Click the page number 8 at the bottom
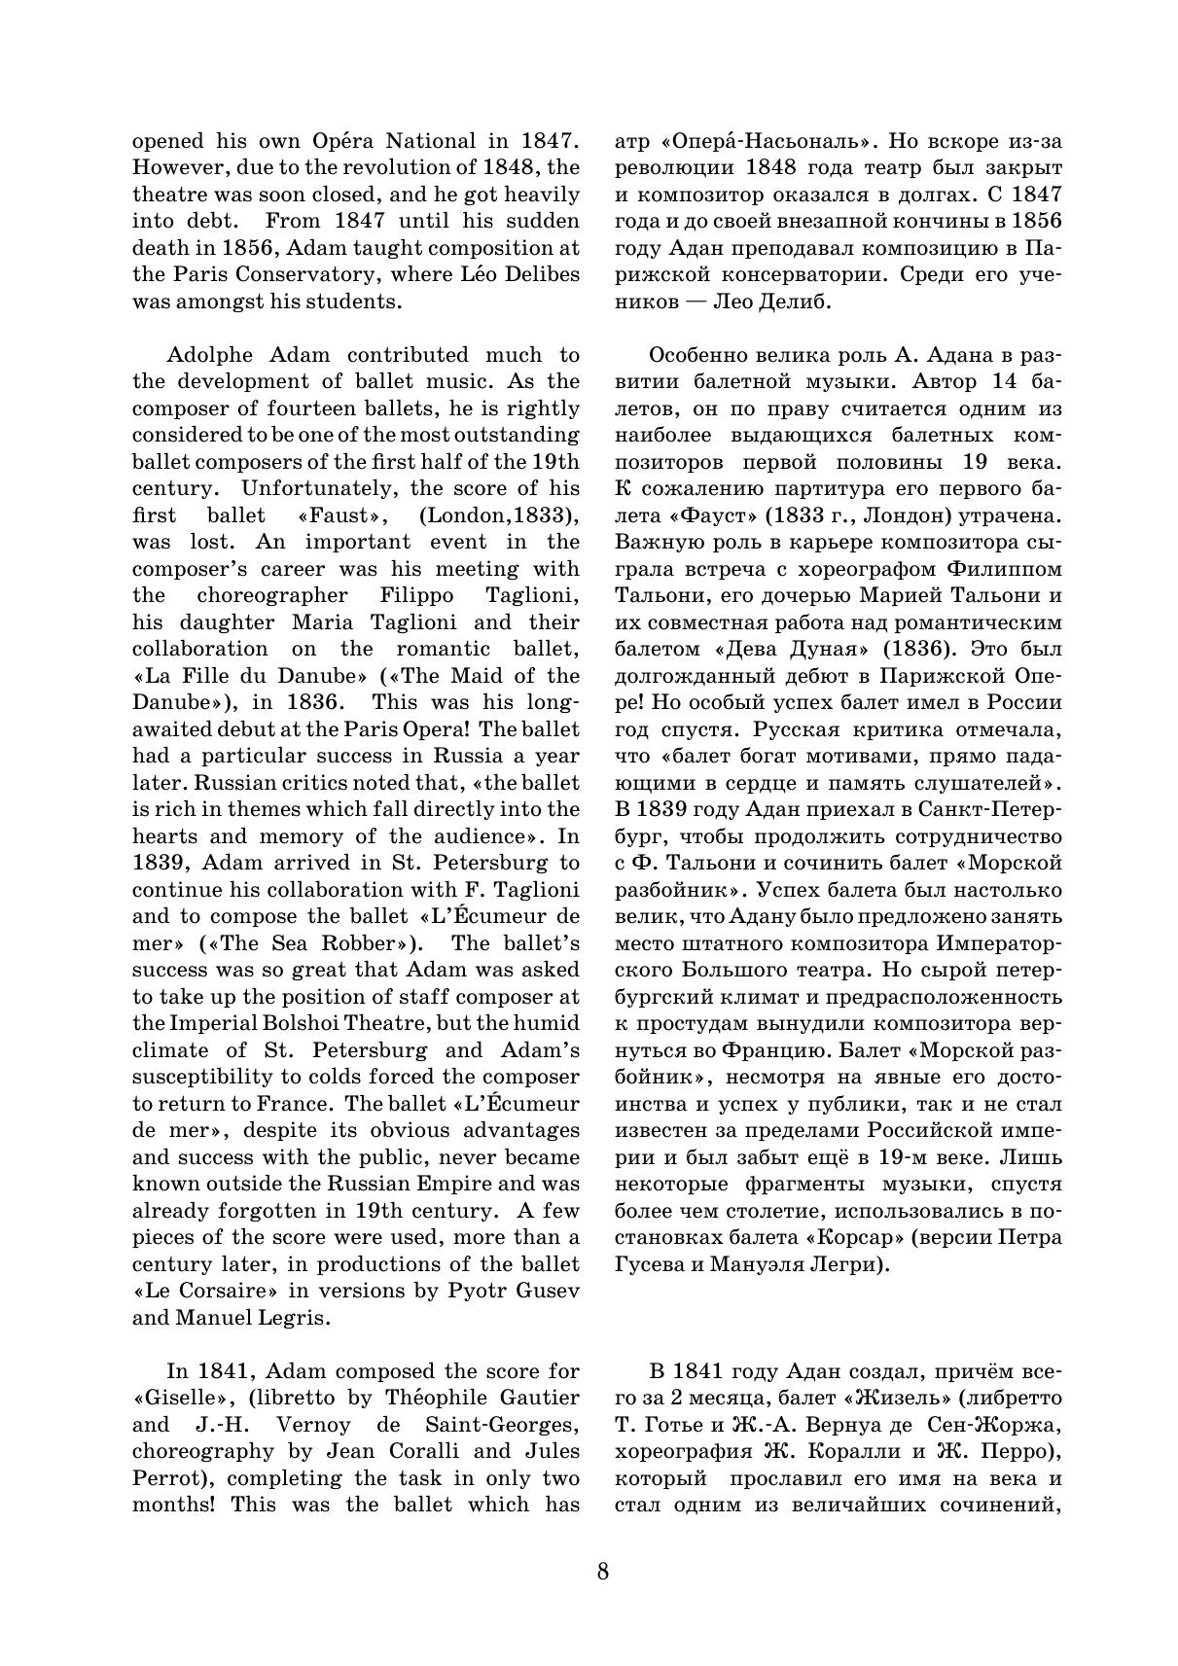(603, 1571)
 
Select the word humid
(550, 1023)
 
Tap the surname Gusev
(547, 1291)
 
